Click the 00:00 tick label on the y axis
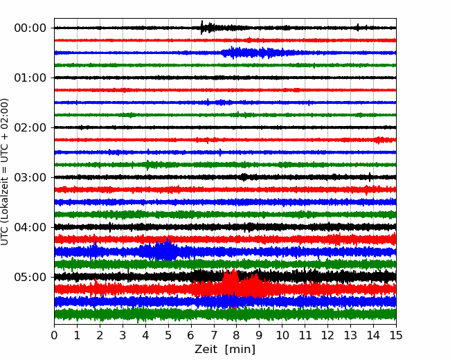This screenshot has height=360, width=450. tap(30, 28)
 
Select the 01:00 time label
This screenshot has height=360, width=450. tap(30, 78)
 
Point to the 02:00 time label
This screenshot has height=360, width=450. tap(30, 127)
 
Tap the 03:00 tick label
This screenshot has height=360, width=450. tap(30, 177)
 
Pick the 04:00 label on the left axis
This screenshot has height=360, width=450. tap(30, 227)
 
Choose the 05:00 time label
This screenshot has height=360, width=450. tap(30, 277)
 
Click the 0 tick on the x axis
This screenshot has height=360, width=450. tap(54, 335)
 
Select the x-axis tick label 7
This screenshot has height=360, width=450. tap(214, 335)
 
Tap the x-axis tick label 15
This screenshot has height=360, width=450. tap(396, 335)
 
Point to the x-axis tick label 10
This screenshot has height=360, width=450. tap(282, 335)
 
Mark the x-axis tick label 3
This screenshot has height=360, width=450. tap(123, 335)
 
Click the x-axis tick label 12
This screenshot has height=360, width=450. tap(327, 335)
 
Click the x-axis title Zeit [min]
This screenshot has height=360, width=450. tap(225, 350)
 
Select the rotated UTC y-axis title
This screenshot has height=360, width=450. tap(5, 172)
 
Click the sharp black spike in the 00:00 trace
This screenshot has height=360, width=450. tap(201, 28)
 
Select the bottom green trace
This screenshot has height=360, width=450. tap(225, 314)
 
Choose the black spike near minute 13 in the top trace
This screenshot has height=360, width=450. tap(358, 28)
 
